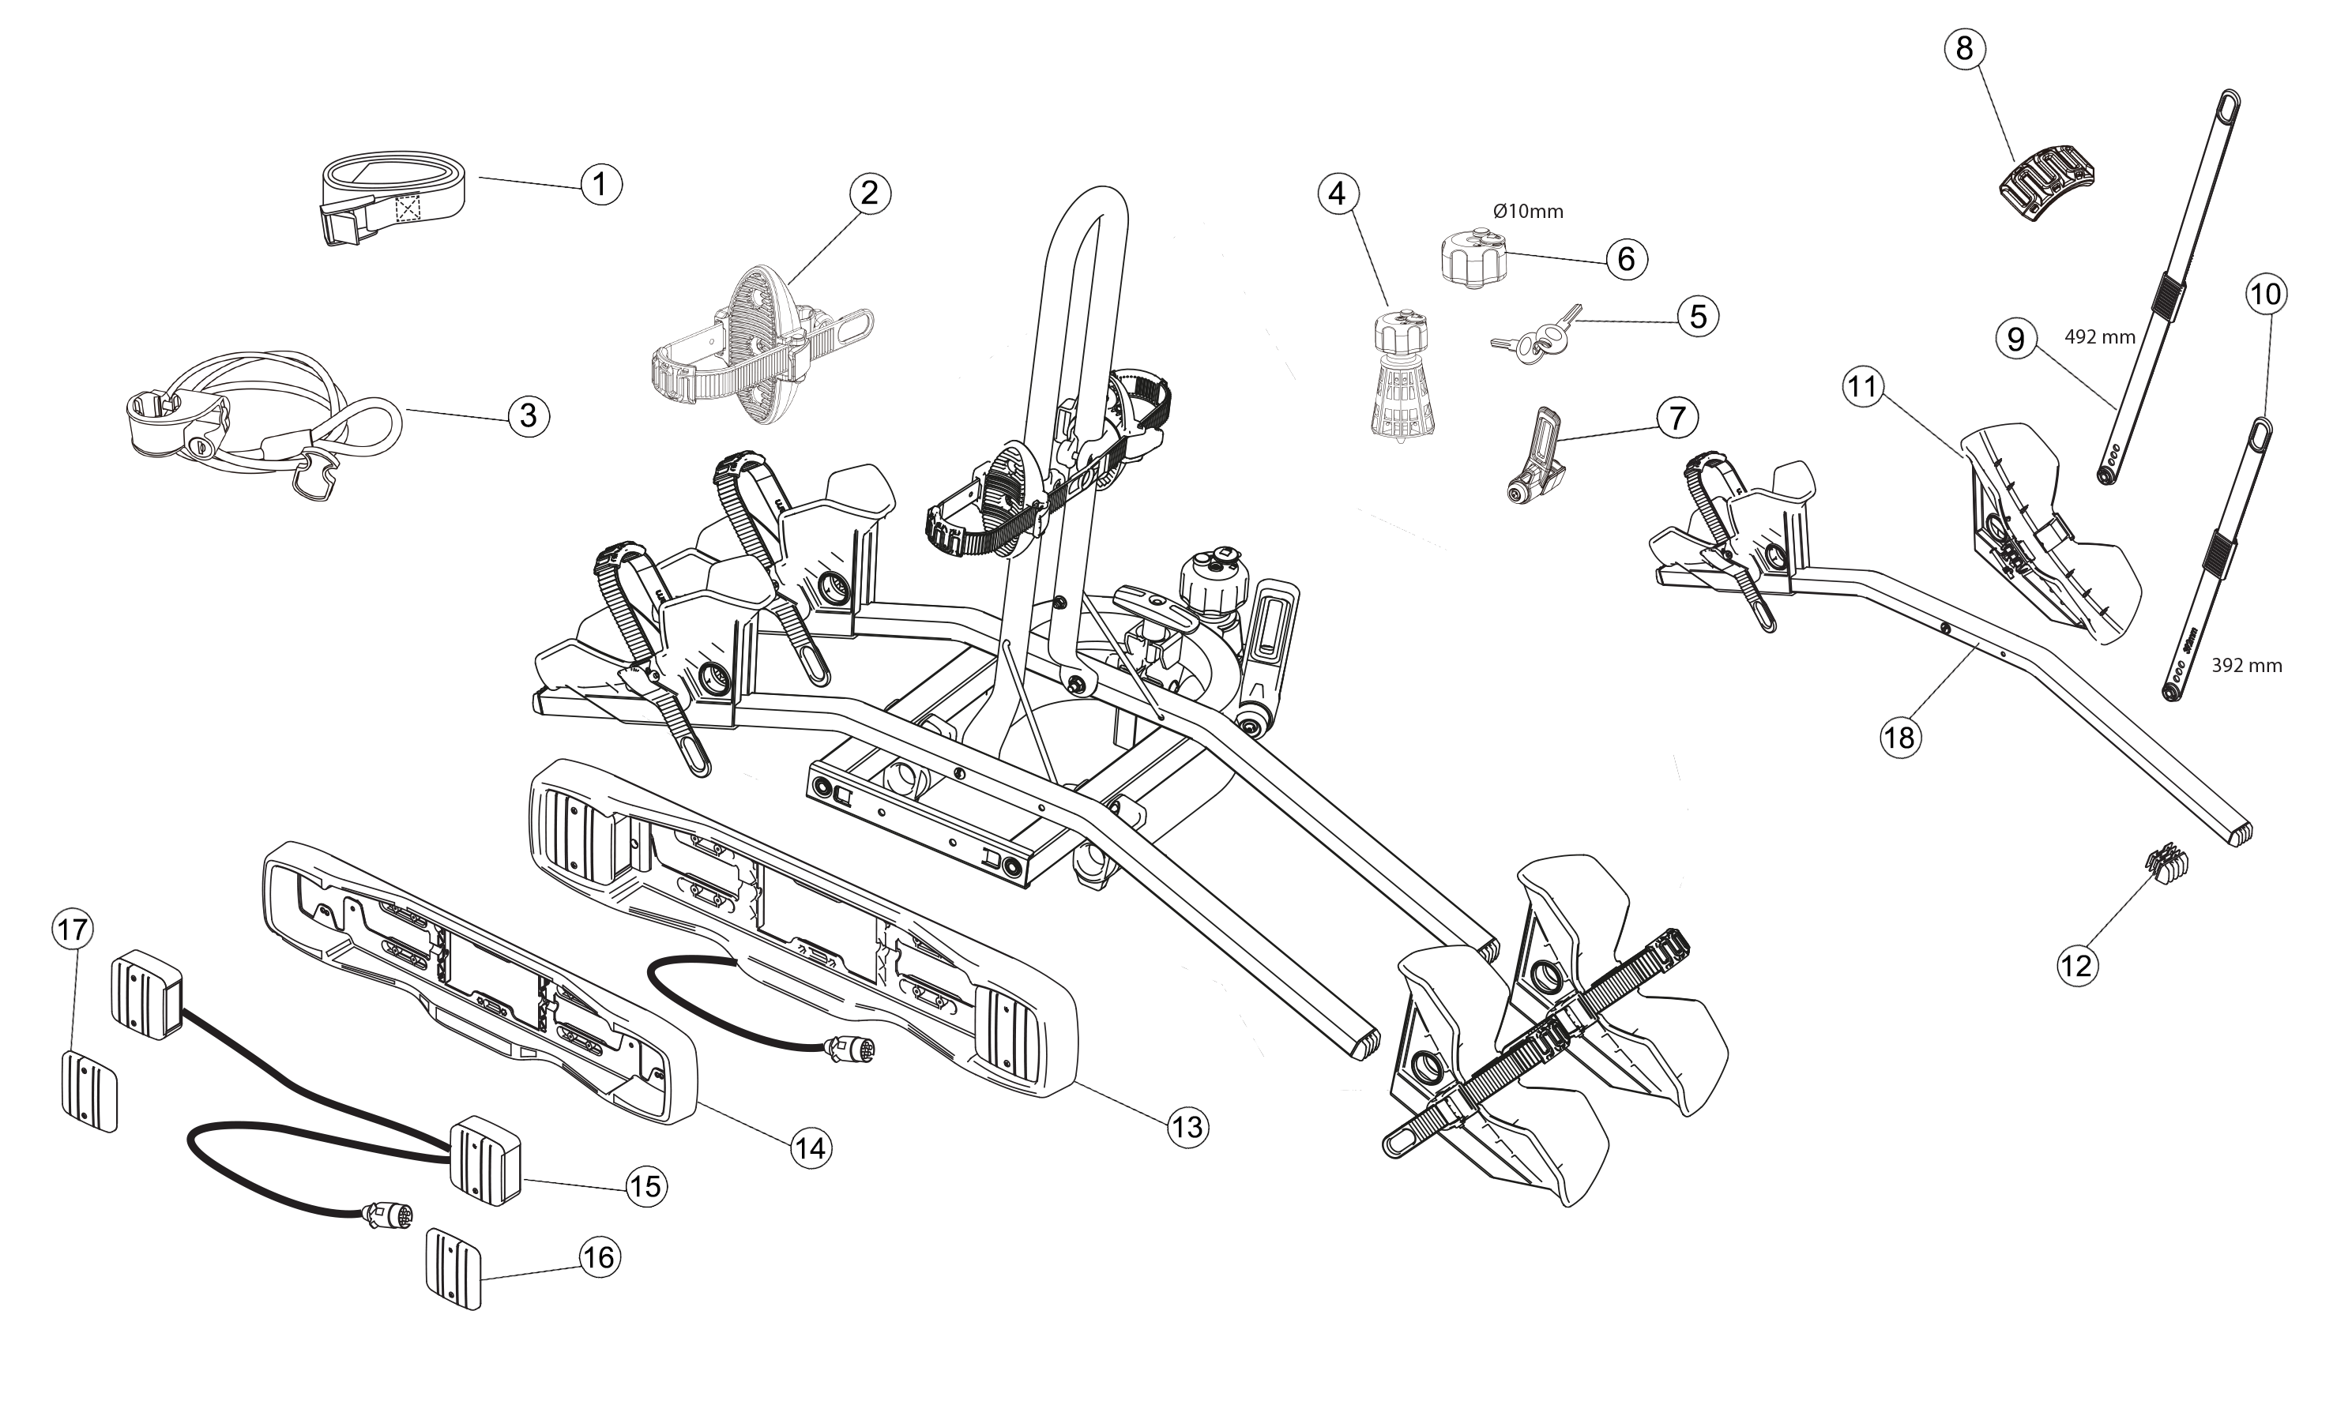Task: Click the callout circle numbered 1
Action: click(601, 183)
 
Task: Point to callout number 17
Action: click(72, 930)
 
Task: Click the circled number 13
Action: click(1187, 1126)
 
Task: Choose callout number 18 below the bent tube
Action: click(1901, 736)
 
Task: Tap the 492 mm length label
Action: click(2099, 337)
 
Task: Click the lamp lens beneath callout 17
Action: click(90, 1090)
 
